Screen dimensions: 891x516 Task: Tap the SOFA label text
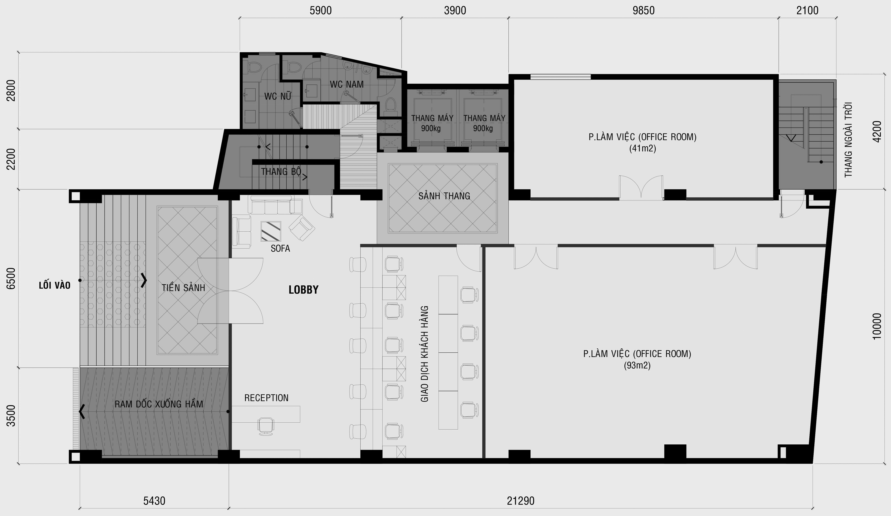[x=280, y=249]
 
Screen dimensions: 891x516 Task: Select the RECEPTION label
[x=266, y=398]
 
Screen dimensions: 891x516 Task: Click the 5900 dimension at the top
[x=321, y=11]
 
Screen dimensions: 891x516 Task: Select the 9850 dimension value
[x=643, y=11]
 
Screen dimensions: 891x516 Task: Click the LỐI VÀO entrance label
[x=55, y=285]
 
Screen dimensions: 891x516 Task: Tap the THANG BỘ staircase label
[x=281, y=171]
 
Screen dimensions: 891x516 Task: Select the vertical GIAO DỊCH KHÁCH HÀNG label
[x=425, y=354]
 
